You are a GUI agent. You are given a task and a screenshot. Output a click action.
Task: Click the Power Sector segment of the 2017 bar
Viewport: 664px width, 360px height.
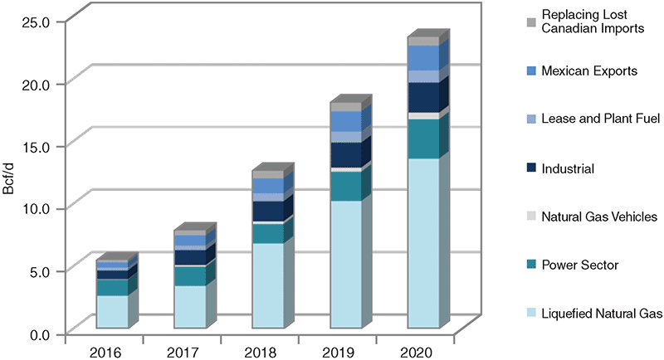point(189,276)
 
